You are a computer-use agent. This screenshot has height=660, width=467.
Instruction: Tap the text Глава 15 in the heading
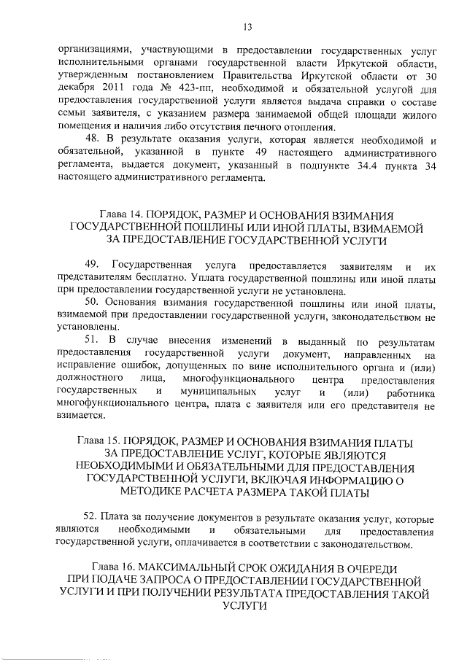(x=99, y=443)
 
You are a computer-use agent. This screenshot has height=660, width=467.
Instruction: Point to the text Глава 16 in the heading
(x=115, y=567)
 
